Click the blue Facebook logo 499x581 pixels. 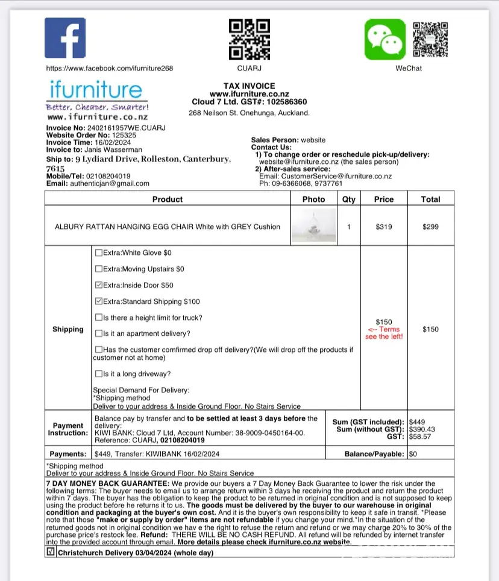click(x=65, y=39)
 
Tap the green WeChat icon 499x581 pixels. click(x=384, y=39)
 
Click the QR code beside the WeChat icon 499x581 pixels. click(x=430, y=39)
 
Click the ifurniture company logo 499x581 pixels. click(x=96, y=100)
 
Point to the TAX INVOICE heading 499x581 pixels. click(x=249, y=86)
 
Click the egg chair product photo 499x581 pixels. click(x=313, y=226)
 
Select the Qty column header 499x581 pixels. click(x=349, y=199)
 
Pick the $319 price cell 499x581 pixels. click(x=384, y=227)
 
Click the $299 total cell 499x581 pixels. click(x=430, y=227)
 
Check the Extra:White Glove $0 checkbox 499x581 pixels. click(x=99, y=253)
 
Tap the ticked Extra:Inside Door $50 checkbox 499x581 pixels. click(x=99, y=285)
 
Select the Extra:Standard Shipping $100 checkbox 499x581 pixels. click(x=99, y=301)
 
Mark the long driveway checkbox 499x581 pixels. click(x=99, y=374)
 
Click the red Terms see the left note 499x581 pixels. click(x=384, y=333)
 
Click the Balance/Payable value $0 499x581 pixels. click(x=413, y=454)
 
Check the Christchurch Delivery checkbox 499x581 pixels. click(x=51, y=551)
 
